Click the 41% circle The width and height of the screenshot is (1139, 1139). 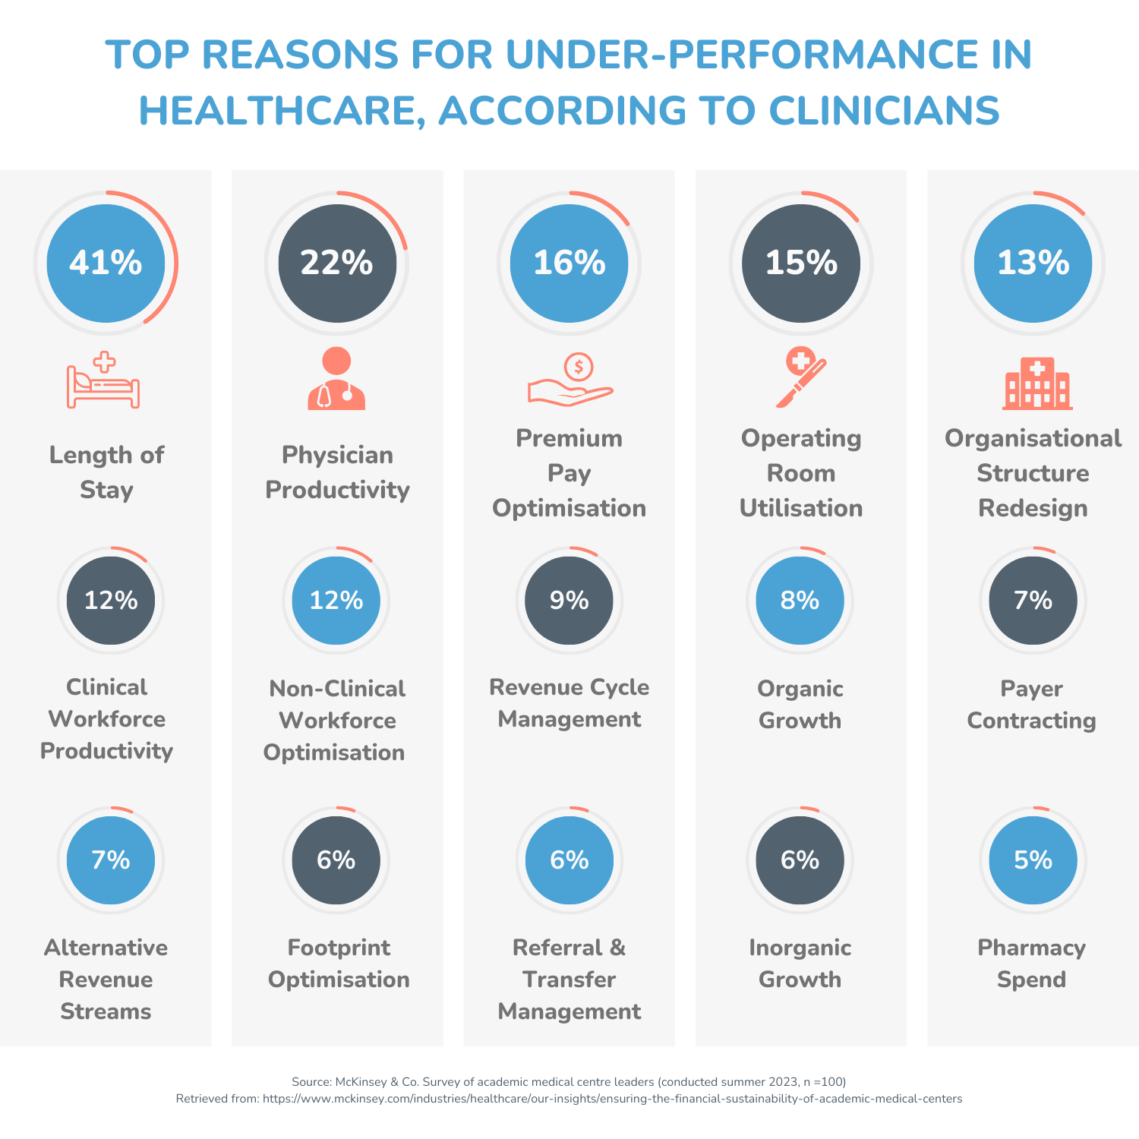[106, 263]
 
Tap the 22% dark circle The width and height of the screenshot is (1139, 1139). [337, 263]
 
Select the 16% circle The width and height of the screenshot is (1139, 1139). [569, 263]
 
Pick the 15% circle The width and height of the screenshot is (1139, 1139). [801, 263]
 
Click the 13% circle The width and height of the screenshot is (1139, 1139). [1033, 263]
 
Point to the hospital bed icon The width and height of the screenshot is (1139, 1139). [103, 381]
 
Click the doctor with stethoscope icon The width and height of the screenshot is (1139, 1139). [336, 380]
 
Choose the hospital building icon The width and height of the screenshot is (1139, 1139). [1036, 383]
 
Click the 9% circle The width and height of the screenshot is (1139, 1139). [569, 601]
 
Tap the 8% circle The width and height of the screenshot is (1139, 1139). [800, 601]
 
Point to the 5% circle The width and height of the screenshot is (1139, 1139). [1033, 860]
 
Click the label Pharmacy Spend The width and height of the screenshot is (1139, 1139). [1031, 964]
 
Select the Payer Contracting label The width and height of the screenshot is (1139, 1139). [1031, 705]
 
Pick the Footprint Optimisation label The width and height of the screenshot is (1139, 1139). [339, 964]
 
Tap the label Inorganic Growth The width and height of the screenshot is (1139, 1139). [800, 964]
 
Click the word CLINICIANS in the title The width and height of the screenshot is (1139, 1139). [884, 111]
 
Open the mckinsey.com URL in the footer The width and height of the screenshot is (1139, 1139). [612, 1099]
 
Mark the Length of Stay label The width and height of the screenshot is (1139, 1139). [106, 472]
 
